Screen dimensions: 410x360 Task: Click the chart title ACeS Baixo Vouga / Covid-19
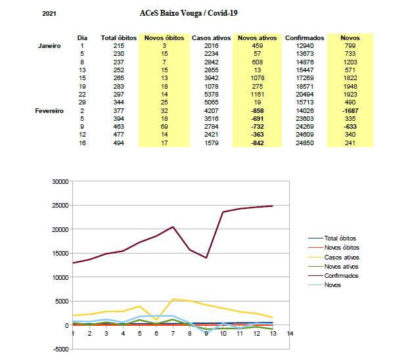pos(189,13)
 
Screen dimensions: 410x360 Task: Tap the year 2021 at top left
pos(49,14)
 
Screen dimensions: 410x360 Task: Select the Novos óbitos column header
pos(164,38)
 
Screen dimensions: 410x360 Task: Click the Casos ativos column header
pos(212,38)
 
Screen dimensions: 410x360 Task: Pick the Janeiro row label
pos(49,46)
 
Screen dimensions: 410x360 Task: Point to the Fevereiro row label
pos(49,111)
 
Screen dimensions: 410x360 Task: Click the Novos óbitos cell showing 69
pos(164,127)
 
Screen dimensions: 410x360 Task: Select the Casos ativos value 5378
pos(212,95)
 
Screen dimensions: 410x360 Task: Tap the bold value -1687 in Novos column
pos(350,111)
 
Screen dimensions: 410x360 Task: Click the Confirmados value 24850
pos(305,143)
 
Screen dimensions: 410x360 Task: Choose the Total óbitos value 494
pos(119,143)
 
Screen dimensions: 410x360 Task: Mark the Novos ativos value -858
pos(258,111)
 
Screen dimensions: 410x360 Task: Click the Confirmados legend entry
pos(333,276)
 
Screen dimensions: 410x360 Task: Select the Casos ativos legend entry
pos(334,258)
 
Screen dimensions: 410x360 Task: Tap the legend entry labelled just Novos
pos(325,285)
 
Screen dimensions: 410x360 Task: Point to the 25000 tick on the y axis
pos(60,206)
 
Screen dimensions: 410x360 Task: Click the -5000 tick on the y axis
pos(61,349)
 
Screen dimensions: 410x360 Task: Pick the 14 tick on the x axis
pos(290,333)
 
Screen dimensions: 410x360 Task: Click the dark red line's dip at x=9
pos(206,258)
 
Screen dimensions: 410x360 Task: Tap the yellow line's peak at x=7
pos(173,300)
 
